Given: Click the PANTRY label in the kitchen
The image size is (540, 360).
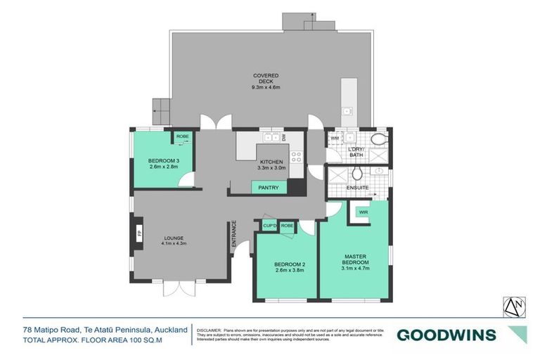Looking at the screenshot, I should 269,188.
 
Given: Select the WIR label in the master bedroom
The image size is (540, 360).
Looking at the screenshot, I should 364,212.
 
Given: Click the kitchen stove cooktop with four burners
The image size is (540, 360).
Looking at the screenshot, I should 297,158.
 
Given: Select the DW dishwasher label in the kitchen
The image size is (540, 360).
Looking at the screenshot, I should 283,139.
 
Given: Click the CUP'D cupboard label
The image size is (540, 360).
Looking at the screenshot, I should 269,226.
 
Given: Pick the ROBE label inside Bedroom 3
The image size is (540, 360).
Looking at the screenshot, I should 182,136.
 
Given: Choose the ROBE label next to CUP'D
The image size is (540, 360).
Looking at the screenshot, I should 287,226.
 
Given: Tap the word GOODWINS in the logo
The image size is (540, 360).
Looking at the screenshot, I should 446,335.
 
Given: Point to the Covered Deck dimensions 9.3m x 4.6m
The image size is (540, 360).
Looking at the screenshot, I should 266,87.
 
